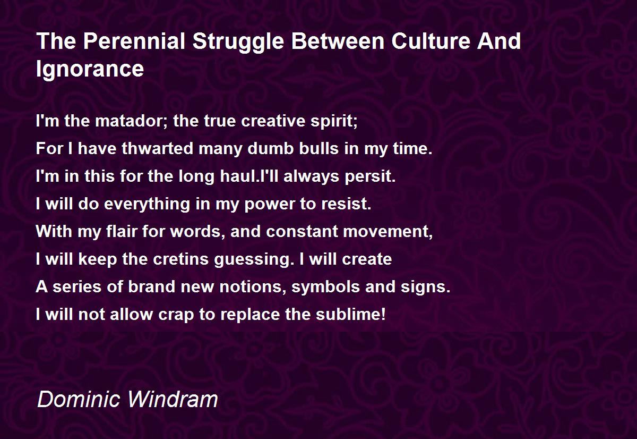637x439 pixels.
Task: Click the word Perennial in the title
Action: pyautogui.click(x=134, y=41)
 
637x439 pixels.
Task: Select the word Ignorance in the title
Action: pyautogui.click(x=90, y=69)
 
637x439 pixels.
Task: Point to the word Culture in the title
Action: pyautogui.click(x=431, y=41)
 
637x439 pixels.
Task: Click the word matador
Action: pyautogui.click(x=132, y=121)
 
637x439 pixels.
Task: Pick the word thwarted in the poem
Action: pyautogui.click(x=158, y=148)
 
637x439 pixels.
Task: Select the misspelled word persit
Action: pyautogui.click(x=370, y=177)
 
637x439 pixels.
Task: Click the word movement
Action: pyautogui.click(x=388, y=232)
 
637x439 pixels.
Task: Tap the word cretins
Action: pyautogui.click(x=180, y=259)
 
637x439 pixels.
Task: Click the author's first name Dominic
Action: pyautogui.click(x=78, y=399)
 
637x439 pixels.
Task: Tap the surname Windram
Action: pyautogui.click(x=173, y=399)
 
